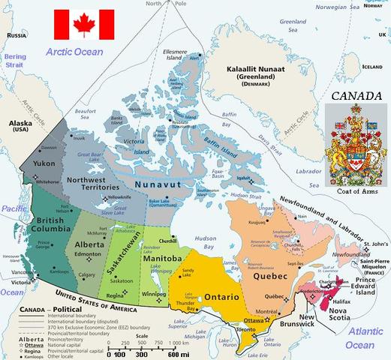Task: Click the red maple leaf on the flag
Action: tap(84, 24)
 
